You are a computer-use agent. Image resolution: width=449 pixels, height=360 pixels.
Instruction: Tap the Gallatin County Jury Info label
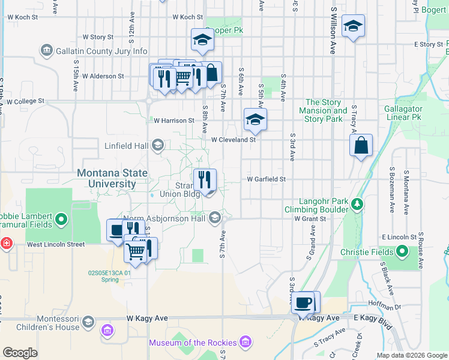[x=101, y=51]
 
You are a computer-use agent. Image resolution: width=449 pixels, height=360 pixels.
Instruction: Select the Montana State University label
[x=112, y=178]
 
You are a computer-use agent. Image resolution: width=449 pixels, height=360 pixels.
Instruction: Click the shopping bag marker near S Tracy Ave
[x=361, y=146]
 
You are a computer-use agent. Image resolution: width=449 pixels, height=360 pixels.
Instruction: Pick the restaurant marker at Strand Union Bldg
[x=205, y=179]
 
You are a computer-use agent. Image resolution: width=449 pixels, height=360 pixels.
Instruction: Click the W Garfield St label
[x=265, y=179]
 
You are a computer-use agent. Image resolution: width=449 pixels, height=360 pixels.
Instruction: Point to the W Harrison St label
[x=174, y=121]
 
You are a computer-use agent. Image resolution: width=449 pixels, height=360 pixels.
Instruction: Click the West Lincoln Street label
[x=56, y=245]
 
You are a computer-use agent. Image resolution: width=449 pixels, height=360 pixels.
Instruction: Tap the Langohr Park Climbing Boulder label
[x=318, y=205]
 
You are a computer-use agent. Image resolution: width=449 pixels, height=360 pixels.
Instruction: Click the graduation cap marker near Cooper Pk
[x=202, y=40]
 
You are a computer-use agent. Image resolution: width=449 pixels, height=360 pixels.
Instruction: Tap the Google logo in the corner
[x=20, y=353]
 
